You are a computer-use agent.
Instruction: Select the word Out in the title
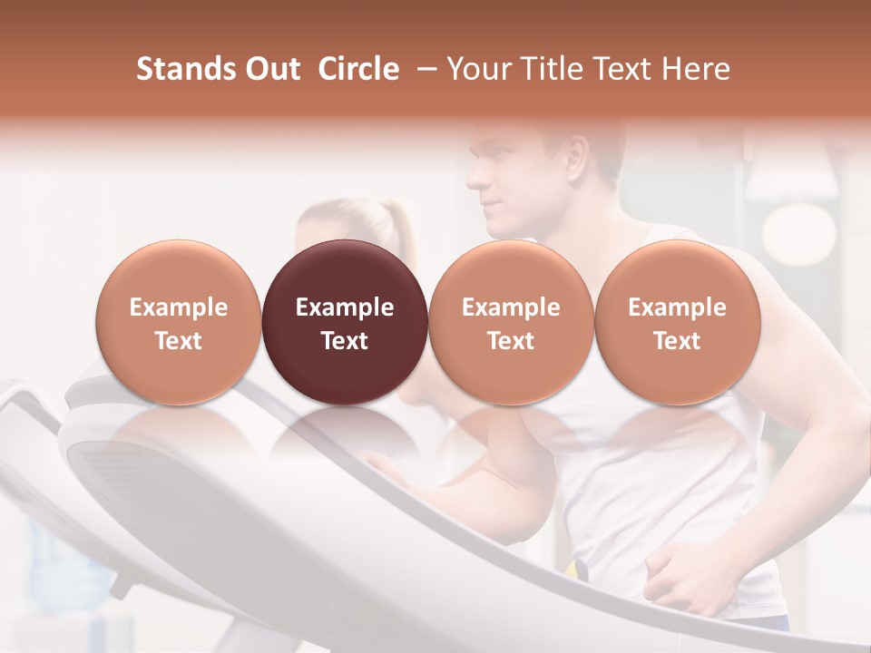tap(270, 69)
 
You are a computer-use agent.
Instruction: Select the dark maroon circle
tap(345, 323)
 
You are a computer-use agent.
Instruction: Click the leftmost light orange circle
tap(179, 323)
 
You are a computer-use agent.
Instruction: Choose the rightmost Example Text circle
tap(677, 323)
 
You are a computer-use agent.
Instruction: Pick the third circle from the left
tap(511, 323)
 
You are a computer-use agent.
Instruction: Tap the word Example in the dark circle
tap(345, 307)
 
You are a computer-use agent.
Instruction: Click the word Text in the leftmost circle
tap(179, 341)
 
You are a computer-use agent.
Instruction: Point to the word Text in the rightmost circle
tap(677, 341)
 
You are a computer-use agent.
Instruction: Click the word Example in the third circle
tap(511, 307)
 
